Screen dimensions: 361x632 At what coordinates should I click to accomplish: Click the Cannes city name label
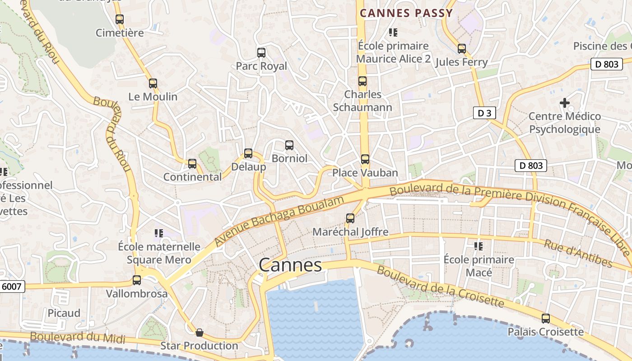[290, 265]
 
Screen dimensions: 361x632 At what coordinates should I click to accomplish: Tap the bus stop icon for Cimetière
[120, 19]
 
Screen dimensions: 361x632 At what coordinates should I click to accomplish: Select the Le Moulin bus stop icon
[153, 83]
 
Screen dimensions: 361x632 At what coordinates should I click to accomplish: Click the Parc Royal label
[261, 66]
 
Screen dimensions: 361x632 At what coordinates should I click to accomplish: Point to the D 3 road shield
[484, 113]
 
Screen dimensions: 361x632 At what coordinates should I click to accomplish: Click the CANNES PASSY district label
[406, 13]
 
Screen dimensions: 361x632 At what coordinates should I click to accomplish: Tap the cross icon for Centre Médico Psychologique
[564, 103]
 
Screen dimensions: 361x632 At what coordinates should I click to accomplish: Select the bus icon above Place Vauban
[365, 159]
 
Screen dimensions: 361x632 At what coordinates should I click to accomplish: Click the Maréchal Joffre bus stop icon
[350, 218]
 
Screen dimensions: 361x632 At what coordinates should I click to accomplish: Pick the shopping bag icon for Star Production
[199, 333]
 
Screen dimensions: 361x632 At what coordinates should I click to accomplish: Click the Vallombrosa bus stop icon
[137, 280]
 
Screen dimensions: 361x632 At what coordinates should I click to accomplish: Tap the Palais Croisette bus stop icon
[546, 319]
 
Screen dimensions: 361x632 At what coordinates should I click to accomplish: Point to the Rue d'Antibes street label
[578, 254]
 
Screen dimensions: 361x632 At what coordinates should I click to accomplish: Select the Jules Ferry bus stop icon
[461, 48]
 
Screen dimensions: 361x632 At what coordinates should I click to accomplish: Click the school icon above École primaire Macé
[479, 246]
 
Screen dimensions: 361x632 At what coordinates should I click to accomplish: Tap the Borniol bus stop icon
[289, 145]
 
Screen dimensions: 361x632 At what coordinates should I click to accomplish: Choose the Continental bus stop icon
[192, 164]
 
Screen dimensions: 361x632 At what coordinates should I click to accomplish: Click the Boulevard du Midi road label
[77, 337]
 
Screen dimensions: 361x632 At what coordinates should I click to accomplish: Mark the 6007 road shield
[11, 286]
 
